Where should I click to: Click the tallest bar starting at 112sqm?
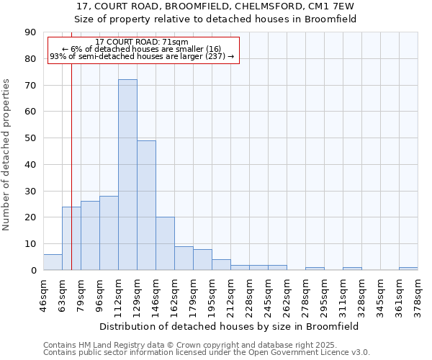(x=127, y=175)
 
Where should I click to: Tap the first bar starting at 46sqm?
(x=53, y=262)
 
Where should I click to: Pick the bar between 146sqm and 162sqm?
(x=165, y=243)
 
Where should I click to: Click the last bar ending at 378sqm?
(x=408, y=269)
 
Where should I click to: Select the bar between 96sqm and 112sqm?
(x=109, y=233)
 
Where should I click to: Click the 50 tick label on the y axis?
(x=30, y=138)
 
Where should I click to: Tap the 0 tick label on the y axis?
(x=33, y=271)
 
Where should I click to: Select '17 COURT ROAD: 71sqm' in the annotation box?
(x=142, y=42)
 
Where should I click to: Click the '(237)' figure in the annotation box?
(x=212, y=56)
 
